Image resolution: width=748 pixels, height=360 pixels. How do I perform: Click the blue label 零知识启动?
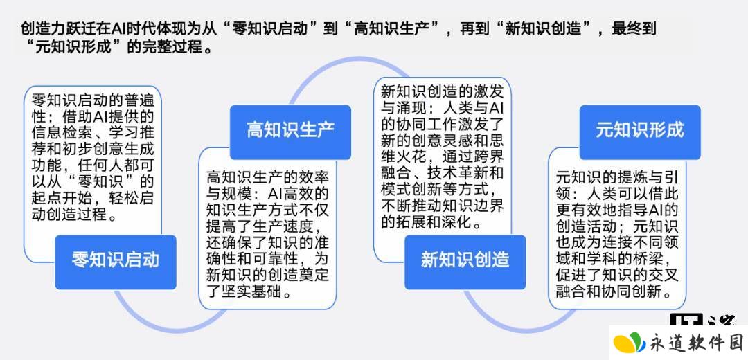click(x=116, y=262)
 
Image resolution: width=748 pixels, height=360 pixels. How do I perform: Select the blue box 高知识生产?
click(x=290, y=132)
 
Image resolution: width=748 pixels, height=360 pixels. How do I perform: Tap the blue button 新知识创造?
click(x=465, y=262)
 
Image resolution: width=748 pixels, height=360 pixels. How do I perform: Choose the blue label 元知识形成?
click(x=640, y=132)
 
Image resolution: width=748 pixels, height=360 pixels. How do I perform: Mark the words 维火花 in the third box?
click(x=404, y=157)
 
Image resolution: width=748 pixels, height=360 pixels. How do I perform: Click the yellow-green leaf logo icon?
click(x=629, y=343)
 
